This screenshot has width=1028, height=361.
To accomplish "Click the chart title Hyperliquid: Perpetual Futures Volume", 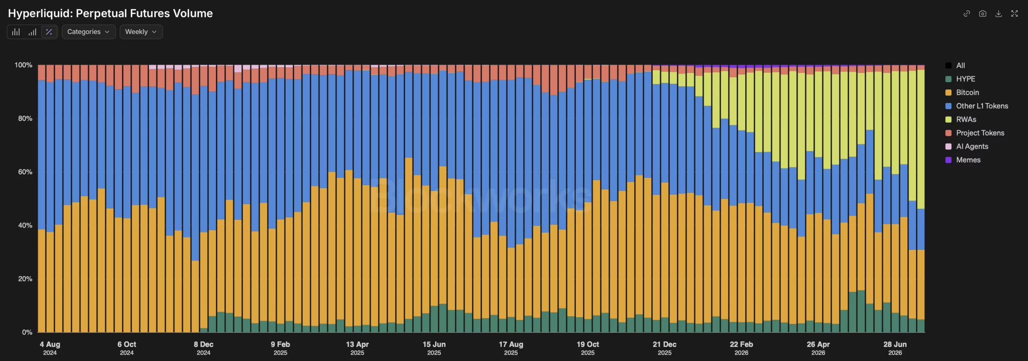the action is point(110,13).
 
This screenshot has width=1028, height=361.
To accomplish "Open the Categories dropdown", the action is point(89,32).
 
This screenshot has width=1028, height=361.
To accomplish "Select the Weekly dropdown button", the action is point(141,32).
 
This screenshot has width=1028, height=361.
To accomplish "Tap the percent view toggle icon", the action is point(49,32).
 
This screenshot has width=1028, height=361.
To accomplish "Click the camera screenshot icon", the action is point(983,14).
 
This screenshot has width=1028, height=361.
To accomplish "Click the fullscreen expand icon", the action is point(1015,14).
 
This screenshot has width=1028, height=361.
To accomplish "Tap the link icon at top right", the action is point(967,14).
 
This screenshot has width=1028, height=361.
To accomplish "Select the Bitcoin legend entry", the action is point(962,92).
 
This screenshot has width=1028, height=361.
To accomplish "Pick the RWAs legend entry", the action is point(961,119).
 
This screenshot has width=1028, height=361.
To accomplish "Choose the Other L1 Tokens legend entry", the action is point(977,106).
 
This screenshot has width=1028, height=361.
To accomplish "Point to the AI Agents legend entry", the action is point(967,146).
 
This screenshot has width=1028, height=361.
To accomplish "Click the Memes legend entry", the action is point(963,160).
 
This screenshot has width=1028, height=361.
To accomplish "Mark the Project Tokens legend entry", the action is point(975,133).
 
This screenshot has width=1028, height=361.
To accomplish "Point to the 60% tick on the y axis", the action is point(25,172).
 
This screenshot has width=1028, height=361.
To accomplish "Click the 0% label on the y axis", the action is point(27,332).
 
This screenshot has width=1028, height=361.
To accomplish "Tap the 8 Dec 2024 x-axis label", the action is point(204,348).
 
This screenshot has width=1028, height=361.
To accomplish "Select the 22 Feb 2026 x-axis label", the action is point(741,348).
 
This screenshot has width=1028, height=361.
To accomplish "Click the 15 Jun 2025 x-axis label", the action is point(434,348).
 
